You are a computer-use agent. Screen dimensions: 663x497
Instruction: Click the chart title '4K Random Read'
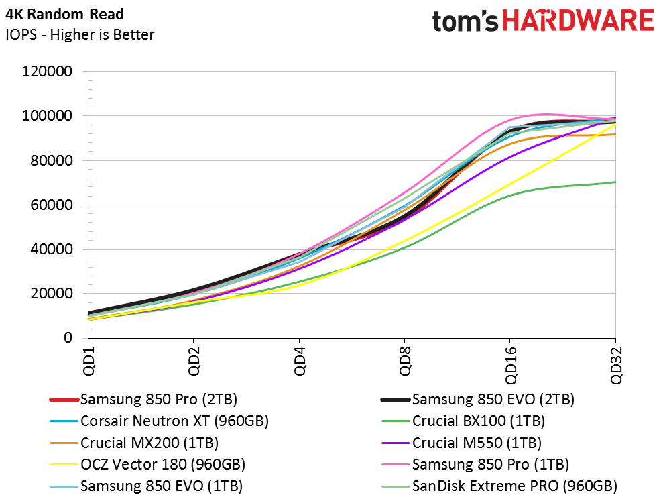pos(64,14)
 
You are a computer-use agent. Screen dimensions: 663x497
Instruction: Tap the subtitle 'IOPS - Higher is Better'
pos(80,34)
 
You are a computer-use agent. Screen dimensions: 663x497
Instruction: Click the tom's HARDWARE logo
pos(543,21)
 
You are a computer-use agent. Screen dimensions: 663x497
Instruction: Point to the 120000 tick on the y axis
pos(47,71)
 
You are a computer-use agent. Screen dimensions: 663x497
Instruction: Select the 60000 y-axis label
pos(51,205)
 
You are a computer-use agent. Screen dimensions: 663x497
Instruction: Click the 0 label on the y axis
pos(68,337)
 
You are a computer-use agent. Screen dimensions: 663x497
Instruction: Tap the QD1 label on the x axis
pos(88,361)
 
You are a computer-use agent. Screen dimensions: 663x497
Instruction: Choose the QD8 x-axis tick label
pos(405,361)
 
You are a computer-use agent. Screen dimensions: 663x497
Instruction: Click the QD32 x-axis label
pos(616,365)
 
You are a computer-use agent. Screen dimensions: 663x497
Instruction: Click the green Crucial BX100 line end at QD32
pos(615,182)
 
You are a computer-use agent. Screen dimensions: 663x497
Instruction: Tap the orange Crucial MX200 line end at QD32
pos(615,135)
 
